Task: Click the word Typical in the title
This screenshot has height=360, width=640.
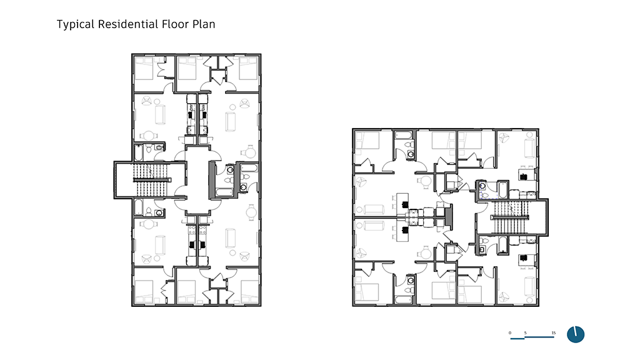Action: [x=76, y=24]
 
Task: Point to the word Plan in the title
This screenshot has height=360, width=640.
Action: [x=204, y=24]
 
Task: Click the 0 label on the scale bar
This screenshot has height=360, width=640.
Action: [x=510, y=333]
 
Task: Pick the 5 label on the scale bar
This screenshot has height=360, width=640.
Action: [x=525, y=333]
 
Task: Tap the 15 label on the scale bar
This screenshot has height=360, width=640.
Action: [x=554, y=333]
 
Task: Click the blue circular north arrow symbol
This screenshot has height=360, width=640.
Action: [x=576, y=334]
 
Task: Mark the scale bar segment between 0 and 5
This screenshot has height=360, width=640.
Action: [x=517, y=338]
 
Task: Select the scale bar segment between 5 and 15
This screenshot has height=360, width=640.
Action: [x=539, y=337]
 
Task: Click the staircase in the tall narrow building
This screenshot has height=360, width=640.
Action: [x=151, y=179]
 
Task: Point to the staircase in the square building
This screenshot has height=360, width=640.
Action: [x=512, y=217]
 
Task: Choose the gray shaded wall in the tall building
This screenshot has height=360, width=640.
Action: [x=212, y=180]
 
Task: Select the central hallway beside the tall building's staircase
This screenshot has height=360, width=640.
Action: [x=197, y=179]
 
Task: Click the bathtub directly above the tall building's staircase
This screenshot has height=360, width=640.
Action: [x=139, y=152]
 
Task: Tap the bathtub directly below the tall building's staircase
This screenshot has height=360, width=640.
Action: [x=139, y=207]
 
